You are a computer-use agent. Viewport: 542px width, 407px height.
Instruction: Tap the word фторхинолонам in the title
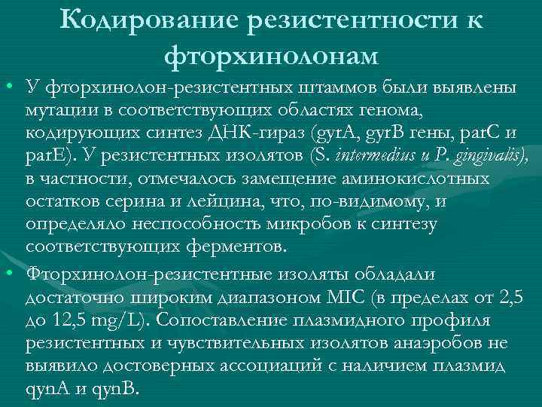point(271,55)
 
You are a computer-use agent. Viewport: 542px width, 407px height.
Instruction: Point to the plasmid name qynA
point(45,390)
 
